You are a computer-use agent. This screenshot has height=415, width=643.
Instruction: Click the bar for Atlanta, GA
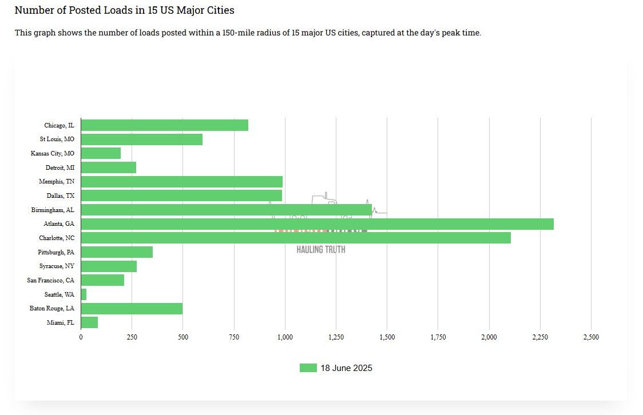pyautogui.click(x=317, y=224)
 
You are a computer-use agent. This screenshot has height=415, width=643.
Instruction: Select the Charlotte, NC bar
pyautogui.click(x=296, y=238)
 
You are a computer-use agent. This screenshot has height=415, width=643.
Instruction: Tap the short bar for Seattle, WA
pyautogui.click(x=84, y=294)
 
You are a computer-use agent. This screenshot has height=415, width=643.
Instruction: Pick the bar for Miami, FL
pyautogui.click(x=89, y=322)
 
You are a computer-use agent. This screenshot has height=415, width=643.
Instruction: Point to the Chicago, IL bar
pyautogui.click(x=165, y=125)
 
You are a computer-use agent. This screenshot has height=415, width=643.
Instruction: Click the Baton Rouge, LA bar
pyautogui.click(x=132, y=309)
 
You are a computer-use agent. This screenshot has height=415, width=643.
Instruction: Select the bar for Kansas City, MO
pyautogui.click(x=101, y=153)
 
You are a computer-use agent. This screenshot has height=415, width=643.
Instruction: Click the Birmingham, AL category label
pyautogui.click(x=53, y=210)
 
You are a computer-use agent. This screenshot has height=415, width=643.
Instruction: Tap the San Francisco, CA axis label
pyautogui.click(x=51, y=280)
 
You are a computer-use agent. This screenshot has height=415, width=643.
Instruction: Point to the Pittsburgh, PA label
pyautogui.click(x=56, y=252)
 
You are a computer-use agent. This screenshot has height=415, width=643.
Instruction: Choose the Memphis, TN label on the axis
pyautogui.click(x=57, y=182)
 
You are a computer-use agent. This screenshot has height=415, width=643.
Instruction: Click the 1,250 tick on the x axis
pyautogui.click(x=336, y=337)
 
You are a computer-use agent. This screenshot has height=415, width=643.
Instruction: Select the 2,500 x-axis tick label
pyautogui.click(x=591, y=337)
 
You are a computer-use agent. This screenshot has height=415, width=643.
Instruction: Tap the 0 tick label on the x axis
pyautogui.click(x=81, y=337)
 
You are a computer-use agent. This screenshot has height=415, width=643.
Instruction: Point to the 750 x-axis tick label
pyautogui.click(x=234, y=337)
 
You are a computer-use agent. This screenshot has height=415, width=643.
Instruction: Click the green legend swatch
pyautogui.click(x=308, y=368)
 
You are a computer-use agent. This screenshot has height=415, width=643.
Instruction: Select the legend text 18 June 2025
pyautogui.click(x=346, y=368)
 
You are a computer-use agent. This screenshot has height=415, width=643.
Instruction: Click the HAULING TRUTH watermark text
pyautogui.click(x=321, y=250)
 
